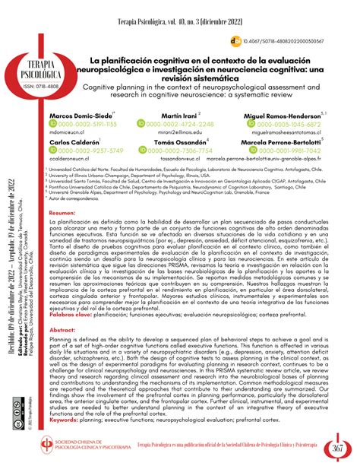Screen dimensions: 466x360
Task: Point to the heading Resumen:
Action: point(63,215)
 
